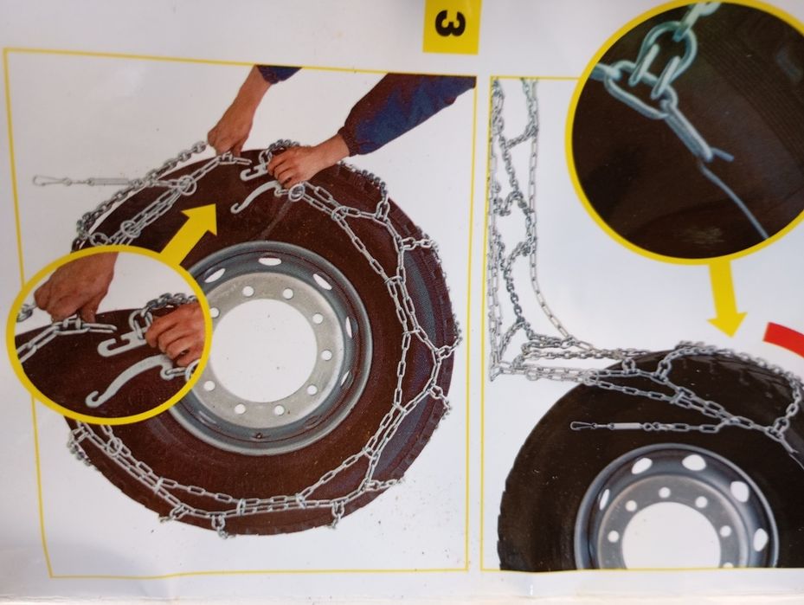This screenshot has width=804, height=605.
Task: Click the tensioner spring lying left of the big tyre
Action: pos(81,181)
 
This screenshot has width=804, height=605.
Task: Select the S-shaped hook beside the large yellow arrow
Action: pos(257,197)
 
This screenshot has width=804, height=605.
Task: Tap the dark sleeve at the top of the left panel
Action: pos(279,73)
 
